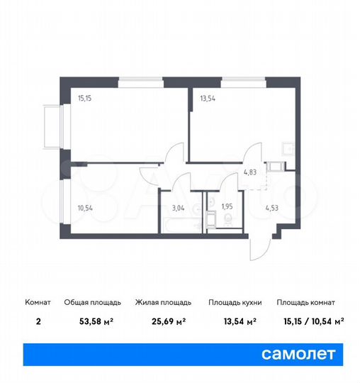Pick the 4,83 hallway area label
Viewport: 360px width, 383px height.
[x=251, y=172]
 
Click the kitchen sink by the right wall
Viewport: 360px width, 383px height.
[x=288, y=148]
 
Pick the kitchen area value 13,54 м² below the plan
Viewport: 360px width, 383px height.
[x=234, y=321]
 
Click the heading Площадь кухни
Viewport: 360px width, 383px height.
[x=235, y=303]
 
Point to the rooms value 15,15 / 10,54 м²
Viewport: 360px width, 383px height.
[x=310, y=321]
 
